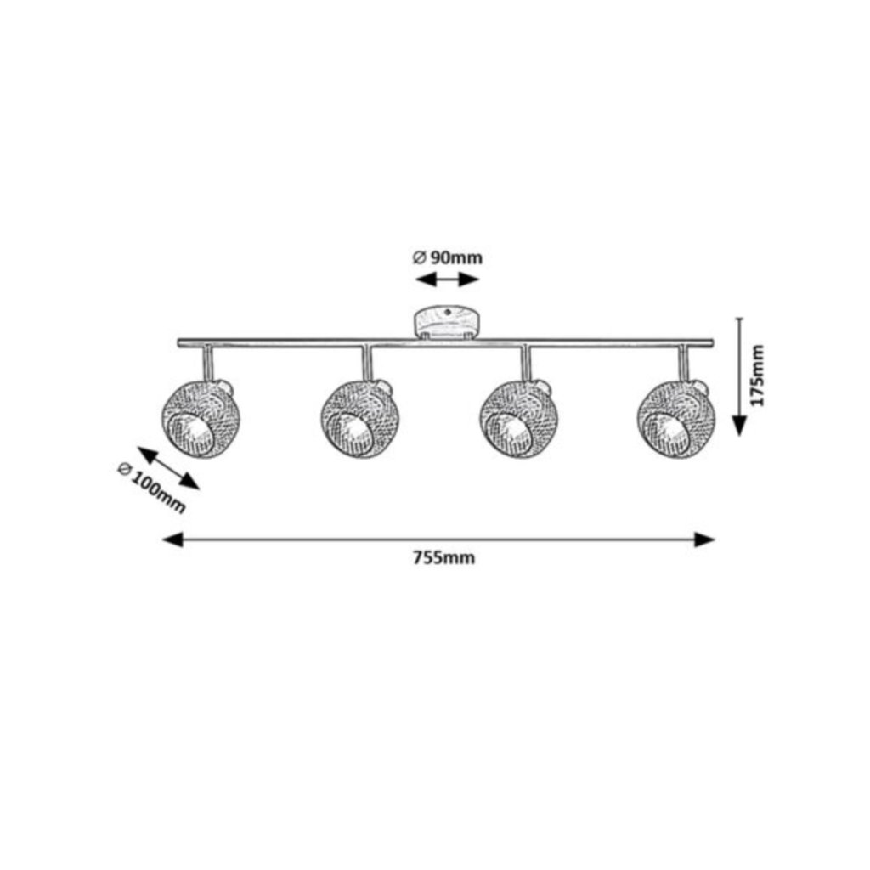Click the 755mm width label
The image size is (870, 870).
click(443, 558)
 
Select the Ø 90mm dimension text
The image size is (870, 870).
click(447, 257)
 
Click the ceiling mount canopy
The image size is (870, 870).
click(447, 322)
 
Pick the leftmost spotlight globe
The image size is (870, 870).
click(197, 419)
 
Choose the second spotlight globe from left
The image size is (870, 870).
click(358, 419)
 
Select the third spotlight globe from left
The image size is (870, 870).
click(516, 419)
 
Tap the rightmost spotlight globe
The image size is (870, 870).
click(676, 419)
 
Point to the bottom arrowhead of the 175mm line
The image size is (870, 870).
click(739, 425)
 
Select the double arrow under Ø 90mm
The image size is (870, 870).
click(447, 280)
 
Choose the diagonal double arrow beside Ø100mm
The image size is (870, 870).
click(168, 468)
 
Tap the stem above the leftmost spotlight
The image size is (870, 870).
click(206, 363)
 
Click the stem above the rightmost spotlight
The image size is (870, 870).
click(684, 363)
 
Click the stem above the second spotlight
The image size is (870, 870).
click(366, 363)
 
